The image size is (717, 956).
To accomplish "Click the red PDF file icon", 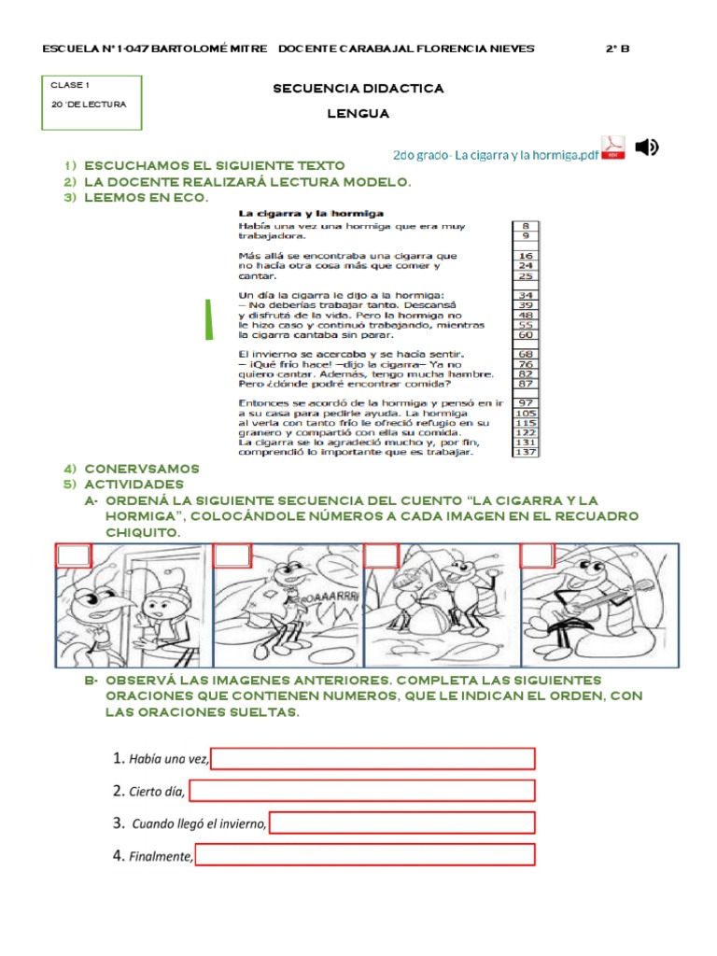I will click(612, 148).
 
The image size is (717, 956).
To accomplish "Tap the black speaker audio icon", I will click(646, 147).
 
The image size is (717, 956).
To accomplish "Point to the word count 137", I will click(525, 453).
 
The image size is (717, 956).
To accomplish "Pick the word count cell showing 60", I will click(525, 334).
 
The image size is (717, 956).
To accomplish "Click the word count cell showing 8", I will click(525, 226).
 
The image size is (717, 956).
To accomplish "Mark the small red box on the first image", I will click(74, 556).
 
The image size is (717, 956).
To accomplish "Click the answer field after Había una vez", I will click(373, 758).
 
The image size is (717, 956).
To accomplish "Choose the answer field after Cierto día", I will click(361, 791).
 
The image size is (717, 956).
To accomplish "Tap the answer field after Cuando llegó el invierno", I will click(401, 822).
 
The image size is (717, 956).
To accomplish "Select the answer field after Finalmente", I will click(365, 854).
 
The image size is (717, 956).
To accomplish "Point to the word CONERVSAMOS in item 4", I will click(141, 469).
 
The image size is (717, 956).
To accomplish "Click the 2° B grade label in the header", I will click(617, 49).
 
